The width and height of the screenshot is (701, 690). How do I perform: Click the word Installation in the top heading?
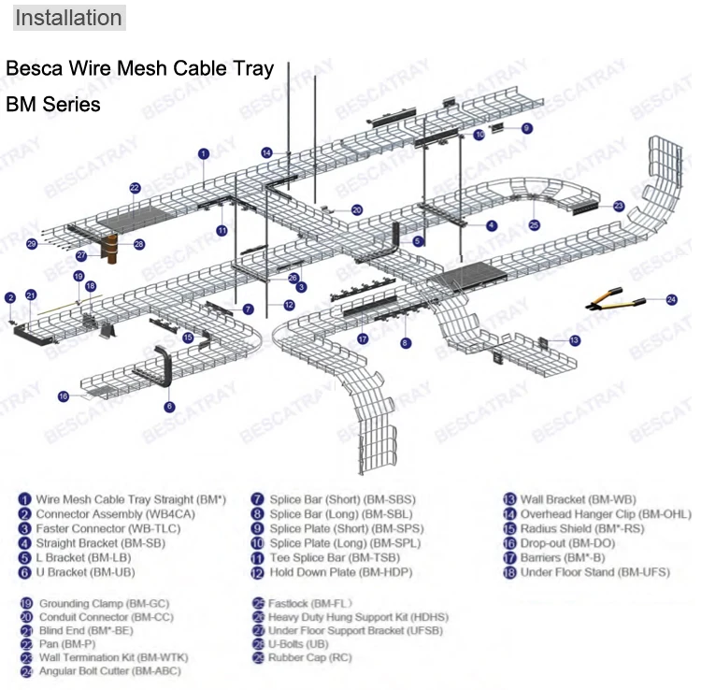pyautogui.click(x=69, y=18)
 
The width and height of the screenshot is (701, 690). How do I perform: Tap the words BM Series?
pyautogui.click(x=53, y=105)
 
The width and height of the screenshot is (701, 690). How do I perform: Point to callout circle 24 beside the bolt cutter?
pyautogui.click(x=670, y=299)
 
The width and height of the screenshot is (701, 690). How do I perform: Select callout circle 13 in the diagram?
pyautogui.click(x=574, y=340)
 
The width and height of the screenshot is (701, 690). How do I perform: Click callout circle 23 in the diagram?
pyautogui.click(x=618, y=206)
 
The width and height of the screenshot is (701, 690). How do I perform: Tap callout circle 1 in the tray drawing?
pyautogui.click(x=203, y=152)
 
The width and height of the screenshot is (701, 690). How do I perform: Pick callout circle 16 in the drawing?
pyautogui.click(x=64, y=396)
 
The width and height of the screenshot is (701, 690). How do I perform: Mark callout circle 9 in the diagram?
pyautogui.click(x=526, y=128)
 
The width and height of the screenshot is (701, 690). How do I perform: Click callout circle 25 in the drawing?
pyautogui.click(x=534, y=225)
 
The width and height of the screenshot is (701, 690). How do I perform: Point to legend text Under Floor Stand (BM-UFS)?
pyautogui.click(x=595, y=572)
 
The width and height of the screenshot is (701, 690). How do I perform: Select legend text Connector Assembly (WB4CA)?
pyautogui.click(x=103, y=514)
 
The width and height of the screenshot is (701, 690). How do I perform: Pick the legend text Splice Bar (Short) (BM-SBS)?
pyautogui.click(x=342, y=499)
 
